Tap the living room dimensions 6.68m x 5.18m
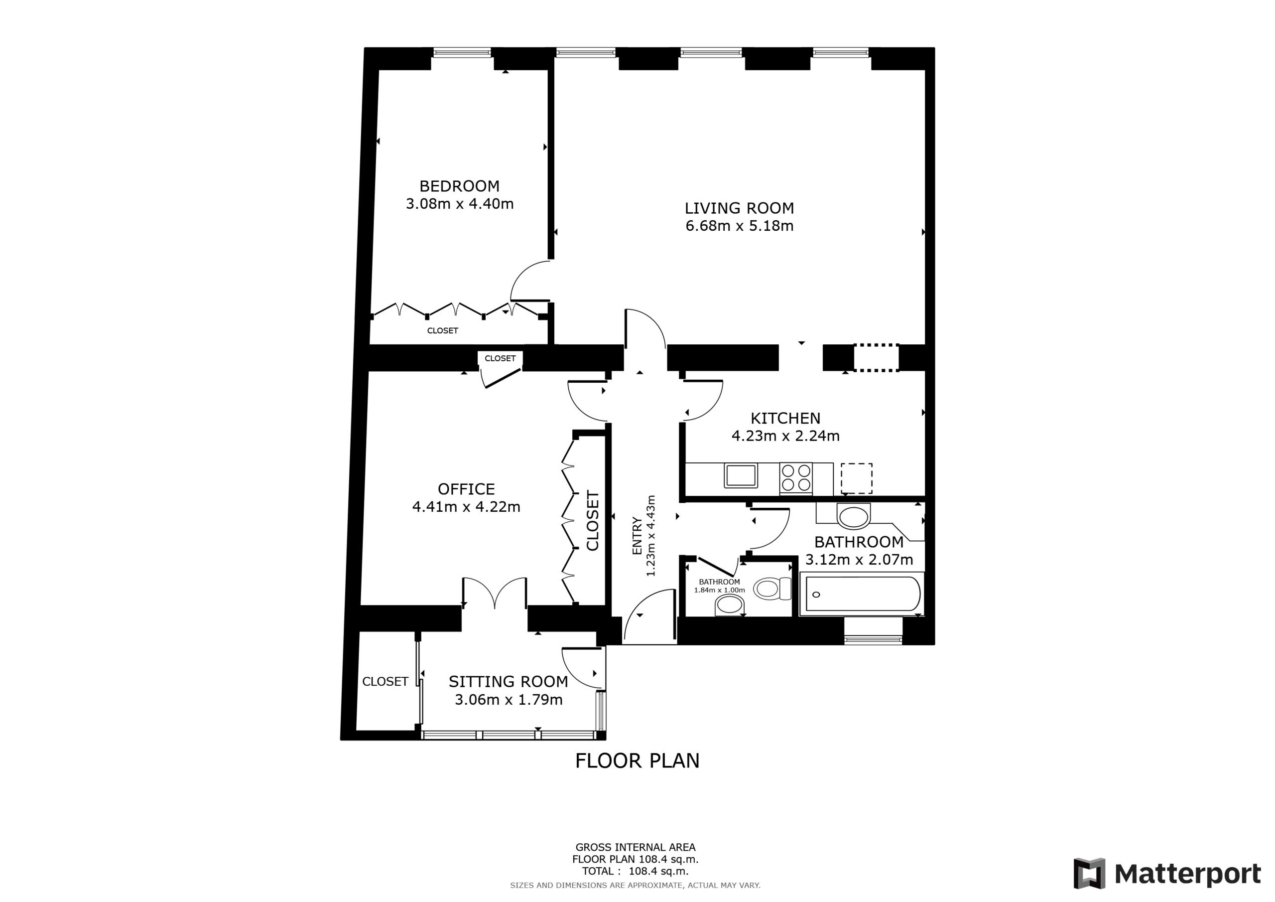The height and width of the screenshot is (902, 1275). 739,226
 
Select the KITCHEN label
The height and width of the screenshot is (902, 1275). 785,418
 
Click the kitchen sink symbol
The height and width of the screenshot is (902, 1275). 741,476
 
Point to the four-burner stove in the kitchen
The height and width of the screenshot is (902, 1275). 796,478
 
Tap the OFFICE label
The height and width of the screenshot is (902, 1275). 466,489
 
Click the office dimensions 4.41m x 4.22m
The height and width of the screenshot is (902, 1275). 466,507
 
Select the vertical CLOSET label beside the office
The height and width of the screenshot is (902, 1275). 593,521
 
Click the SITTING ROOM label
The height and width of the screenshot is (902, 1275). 508,681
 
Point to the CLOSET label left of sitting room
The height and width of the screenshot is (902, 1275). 385,681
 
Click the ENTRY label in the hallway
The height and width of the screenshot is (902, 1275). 637,536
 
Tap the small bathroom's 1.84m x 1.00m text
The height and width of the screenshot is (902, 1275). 719,590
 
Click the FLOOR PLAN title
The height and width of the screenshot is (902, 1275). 637,761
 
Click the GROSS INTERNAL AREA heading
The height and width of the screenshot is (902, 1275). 636,848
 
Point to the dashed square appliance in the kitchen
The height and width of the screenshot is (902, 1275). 856,478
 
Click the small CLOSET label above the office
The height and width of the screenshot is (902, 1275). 500,358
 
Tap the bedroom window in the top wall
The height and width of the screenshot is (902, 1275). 462,53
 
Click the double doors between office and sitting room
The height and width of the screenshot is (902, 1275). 494,593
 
